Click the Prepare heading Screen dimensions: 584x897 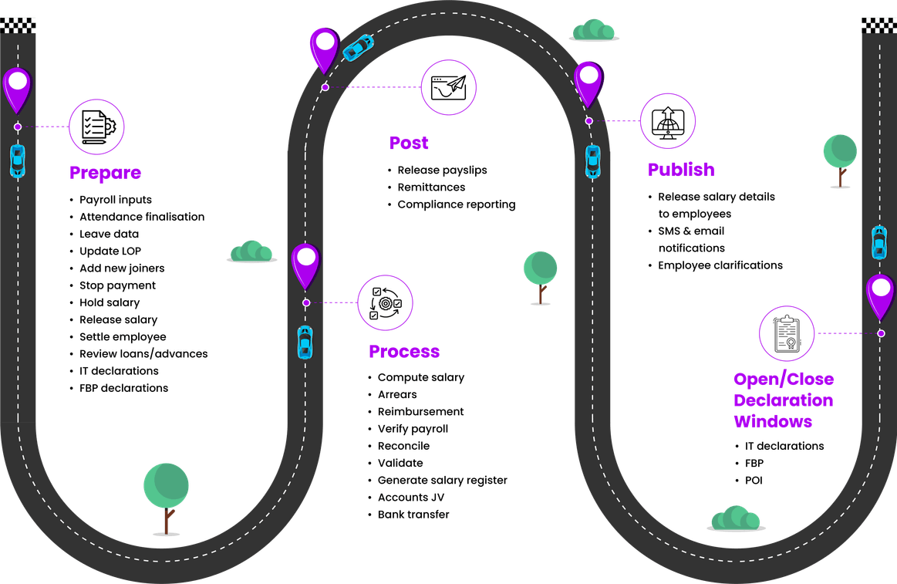pos(106,172)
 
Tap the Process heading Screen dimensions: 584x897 pos(403,352)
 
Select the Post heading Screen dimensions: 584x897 pos(409,143)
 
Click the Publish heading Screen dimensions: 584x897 pos(681,170)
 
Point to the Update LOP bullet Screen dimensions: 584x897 pos(110,251)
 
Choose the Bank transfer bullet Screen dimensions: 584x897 pos(413,515)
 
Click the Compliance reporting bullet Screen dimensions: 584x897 pos(456,205)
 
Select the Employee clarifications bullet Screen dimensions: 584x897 pos(720,265)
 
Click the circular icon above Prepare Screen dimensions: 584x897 pos(97,126)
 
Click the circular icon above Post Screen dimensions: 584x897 pos(448,87)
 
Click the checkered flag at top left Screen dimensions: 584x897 pos(17,25)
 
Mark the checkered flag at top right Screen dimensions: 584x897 pos(878,25)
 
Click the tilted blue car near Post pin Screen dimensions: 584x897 pos(358,48)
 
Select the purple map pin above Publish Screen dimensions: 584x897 pos(588,83)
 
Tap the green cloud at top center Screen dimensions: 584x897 pos(593,31)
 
